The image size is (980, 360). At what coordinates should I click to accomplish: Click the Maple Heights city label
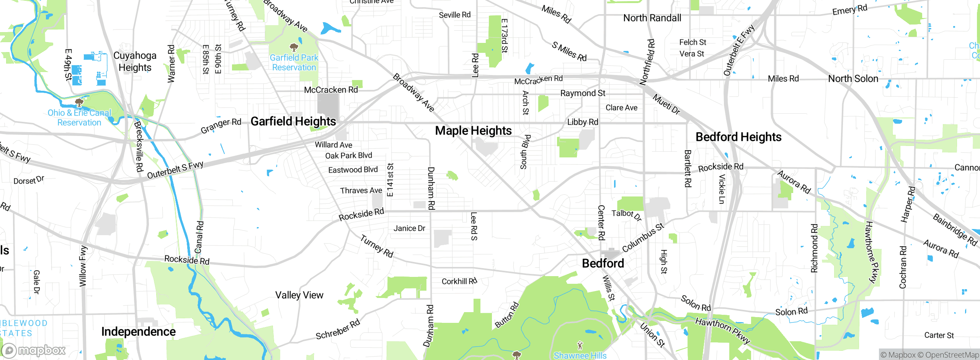[473, 131]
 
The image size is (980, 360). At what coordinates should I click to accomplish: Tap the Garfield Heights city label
[293, 121]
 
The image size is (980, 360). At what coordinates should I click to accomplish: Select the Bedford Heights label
[738, 137]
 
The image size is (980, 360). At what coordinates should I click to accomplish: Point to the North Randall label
[652, 18]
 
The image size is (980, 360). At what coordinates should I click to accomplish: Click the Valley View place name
[299, 295]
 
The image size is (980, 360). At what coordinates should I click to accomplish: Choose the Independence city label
[138, 332]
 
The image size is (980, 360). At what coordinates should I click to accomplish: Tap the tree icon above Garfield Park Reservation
[294, 47]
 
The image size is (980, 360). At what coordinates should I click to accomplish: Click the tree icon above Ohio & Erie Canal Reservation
[79, 102]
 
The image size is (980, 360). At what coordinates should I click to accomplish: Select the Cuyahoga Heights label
[135, 62]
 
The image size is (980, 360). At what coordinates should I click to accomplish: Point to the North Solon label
[853, 79]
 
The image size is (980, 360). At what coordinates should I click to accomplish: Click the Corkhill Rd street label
[459, 281]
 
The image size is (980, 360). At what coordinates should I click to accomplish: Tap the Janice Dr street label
[409, 229]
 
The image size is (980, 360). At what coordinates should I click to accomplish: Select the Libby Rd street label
[582, 122]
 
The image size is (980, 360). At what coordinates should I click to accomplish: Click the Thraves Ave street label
[361, 191]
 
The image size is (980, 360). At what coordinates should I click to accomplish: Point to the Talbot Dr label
[626, 215]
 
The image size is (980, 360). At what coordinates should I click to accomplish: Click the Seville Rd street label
[454, 15]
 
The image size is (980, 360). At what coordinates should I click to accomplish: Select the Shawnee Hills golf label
[580, 355]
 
